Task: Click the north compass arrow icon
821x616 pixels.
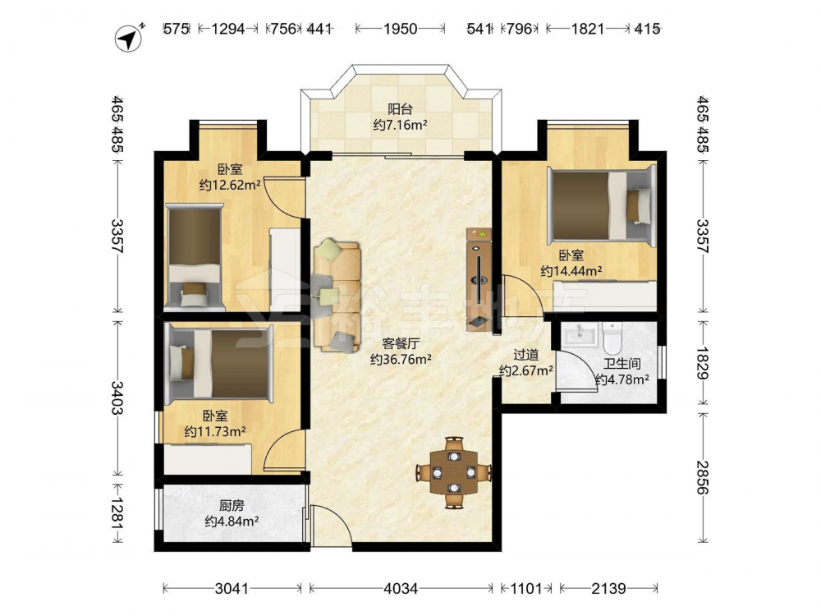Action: tap(130, 38)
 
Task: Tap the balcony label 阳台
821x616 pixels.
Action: tap(400, 109)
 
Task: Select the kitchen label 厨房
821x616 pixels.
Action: tap(232, 506)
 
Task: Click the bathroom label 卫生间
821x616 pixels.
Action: tap(622, 364)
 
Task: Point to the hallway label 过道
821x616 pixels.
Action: tap(525, 355)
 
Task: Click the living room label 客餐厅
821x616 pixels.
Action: tap(401, 343)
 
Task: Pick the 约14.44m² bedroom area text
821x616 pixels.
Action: tap(571, 271)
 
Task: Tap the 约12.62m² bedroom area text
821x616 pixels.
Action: tap(231, 185)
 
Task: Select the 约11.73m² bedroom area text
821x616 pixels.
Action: tap(215, 432)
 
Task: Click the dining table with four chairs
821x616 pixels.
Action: tap(454, 473)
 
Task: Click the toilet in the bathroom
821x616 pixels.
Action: tap(611, 338)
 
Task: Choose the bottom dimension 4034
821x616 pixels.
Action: tap(401, 589)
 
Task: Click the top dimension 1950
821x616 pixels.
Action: tap(401, 28)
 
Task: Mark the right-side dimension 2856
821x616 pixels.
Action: tap(703, 477)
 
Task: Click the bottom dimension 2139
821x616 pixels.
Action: tap(608, 589)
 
